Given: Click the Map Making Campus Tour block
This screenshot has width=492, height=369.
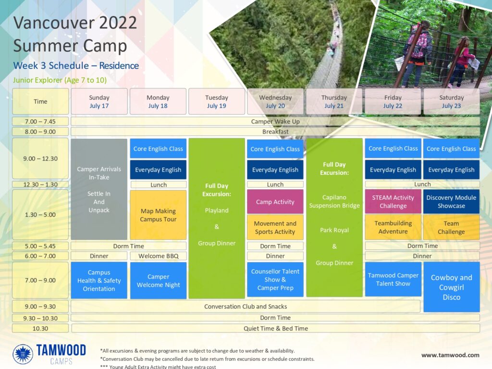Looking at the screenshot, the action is point(158,215).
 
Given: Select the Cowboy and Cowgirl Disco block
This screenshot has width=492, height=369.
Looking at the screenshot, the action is point(452,287).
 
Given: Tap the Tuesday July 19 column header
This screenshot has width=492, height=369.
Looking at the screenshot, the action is point(217,101).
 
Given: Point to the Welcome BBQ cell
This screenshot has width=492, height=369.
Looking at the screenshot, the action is point(159,256).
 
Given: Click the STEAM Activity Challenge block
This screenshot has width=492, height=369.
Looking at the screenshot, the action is point(393,202).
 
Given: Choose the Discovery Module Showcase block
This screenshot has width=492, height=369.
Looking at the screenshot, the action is point(451,202).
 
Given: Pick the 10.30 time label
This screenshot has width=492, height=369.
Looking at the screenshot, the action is point(40,329).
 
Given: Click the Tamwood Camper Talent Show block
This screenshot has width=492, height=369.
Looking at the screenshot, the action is point(393,279).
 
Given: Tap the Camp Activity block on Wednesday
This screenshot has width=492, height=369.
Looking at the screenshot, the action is point(275,202).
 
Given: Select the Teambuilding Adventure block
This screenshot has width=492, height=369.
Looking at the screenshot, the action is point(393,227).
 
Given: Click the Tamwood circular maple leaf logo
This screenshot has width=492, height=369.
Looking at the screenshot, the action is point(23,354).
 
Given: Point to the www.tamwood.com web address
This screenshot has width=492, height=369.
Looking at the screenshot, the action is point(450,355).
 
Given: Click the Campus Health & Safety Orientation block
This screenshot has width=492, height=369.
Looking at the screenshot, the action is point(99,281).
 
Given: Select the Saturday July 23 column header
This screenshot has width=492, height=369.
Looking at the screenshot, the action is point(452,101).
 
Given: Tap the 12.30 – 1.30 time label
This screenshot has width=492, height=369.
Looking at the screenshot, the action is point(40,184).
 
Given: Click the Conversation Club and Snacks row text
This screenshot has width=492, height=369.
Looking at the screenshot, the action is point(246,307).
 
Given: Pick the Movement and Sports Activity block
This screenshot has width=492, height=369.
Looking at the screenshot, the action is point(275,227).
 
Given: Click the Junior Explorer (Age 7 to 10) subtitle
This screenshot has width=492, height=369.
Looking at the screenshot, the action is point(60,80).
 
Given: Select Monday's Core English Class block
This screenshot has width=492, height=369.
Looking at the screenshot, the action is point(158,149).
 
